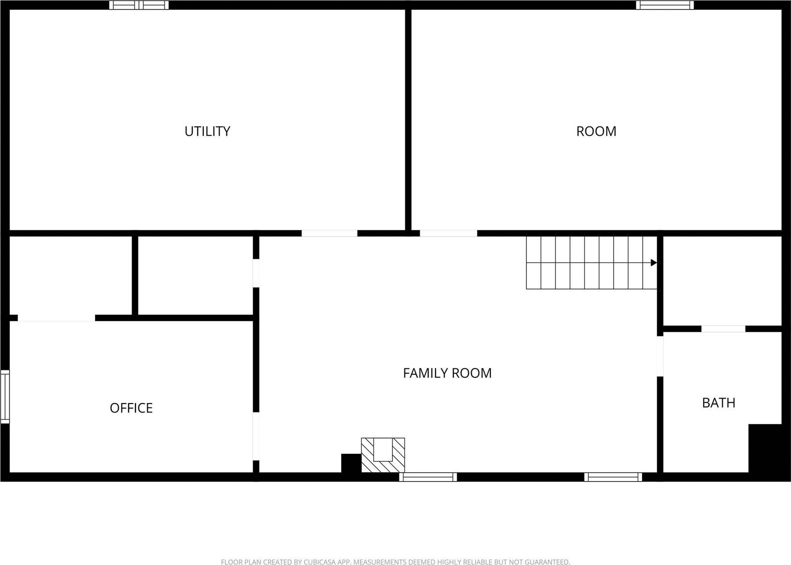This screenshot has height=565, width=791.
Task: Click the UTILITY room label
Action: (207, 131)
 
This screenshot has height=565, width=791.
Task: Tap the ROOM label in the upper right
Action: (596, 131)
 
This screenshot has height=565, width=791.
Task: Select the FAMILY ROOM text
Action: (447, 373)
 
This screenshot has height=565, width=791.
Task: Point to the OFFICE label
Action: (131, 408)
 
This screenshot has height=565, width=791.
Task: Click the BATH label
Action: (718, 403)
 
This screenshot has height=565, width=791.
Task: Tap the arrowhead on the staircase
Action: (654, 263)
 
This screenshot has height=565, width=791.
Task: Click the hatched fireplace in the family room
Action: (383, 455)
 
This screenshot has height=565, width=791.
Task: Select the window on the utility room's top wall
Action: (139, 5)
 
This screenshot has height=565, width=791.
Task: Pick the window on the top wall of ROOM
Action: (664, 5)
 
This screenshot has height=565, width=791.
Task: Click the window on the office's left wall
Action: (5, 397)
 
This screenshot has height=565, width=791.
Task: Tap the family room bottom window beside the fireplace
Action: (428, 477)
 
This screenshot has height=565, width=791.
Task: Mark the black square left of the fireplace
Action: (351, 463)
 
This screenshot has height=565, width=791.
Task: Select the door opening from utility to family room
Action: (329, 233)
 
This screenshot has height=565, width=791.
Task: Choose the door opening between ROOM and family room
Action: (448, 233)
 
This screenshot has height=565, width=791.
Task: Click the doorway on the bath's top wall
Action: (723, 329)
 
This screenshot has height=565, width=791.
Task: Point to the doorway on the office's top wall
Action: (56, 319)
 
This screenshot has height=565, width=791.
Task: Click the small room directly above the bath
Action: (722, 281)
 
